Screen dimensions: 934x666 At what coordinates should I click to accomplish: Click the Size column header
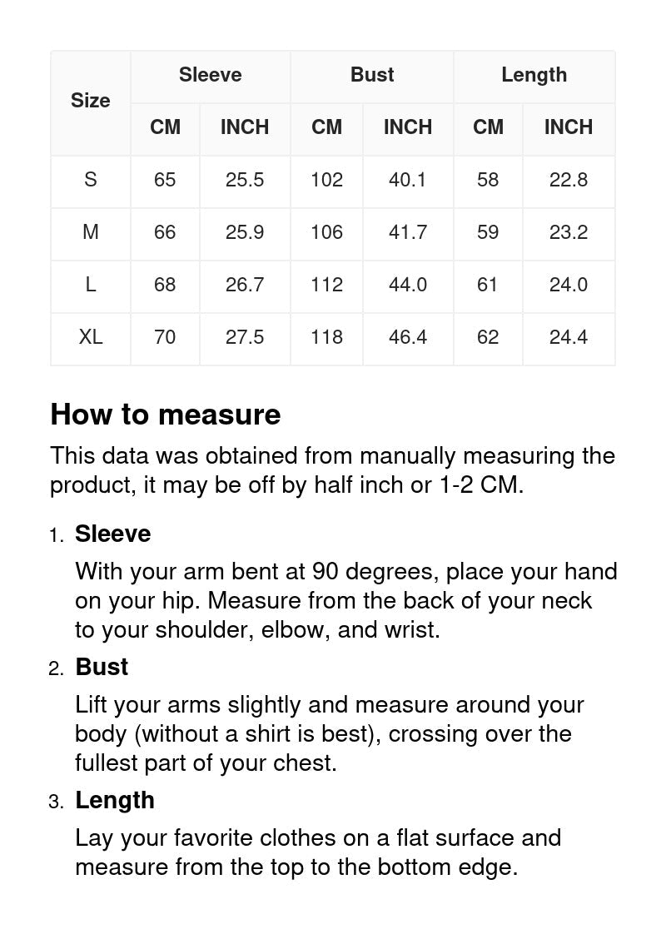click(90, 101)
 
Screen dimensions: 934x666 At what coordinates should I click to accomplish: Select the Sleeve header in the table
click(210, 75)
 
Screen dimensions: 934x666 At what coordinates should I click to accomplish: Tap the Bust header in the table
click(372, 75)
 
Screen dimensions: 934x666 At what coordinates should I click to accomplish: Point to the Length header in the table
click(534, 75)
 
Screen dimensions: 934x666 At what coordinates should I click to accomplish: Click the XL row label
click(90, 337)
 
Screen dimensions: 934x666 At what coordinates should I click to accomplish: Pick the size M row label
click(90, 232)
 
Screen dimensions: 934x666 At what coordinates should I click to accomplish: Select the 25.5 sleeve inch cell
click(245, 180)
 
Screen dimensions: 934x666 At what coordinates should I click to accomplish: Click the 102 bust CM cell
click(326, 180)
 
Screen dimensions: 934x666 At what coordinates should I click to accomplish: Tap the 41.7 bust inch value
click(408, 232)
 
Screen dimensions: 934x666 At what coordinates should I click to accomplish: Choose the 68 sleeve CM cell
click(165, 285)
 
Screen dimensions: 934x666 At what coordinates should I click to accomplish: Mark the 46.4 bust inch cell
click(408, 337)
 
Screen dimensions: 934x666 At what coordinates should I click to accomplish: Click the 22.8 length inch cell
click(569, 180)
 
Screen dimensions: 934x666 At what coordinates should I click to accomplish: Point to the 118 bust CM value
click(326, 337)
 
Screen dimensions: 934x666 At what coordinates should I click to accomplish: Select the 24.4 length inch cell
click(569, 337)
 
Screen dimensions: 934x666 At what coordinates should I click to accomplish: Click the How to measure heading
click(166, 415)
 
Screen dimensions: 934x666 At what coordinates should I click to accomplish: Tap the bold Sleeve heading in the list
click(113, 534)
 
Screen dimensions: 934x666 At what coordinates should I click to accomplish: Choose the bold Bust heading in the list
click(102, 668)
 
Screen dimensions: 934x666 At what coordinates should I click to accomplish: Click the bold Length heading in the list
click(115, 801)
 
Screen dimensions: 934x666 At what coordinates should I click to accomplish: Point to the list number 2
click(56, 669)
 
